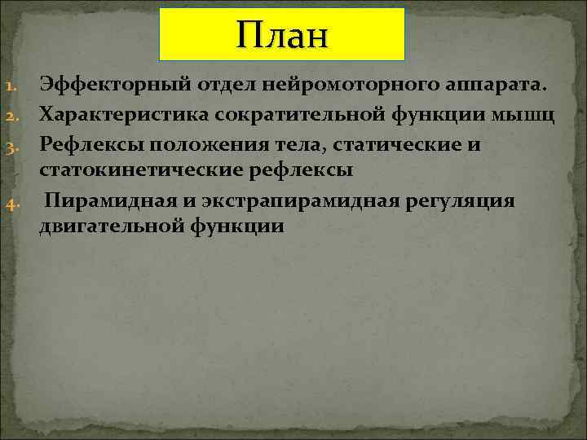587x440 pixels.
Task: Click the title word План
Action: tap(281, 35)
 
